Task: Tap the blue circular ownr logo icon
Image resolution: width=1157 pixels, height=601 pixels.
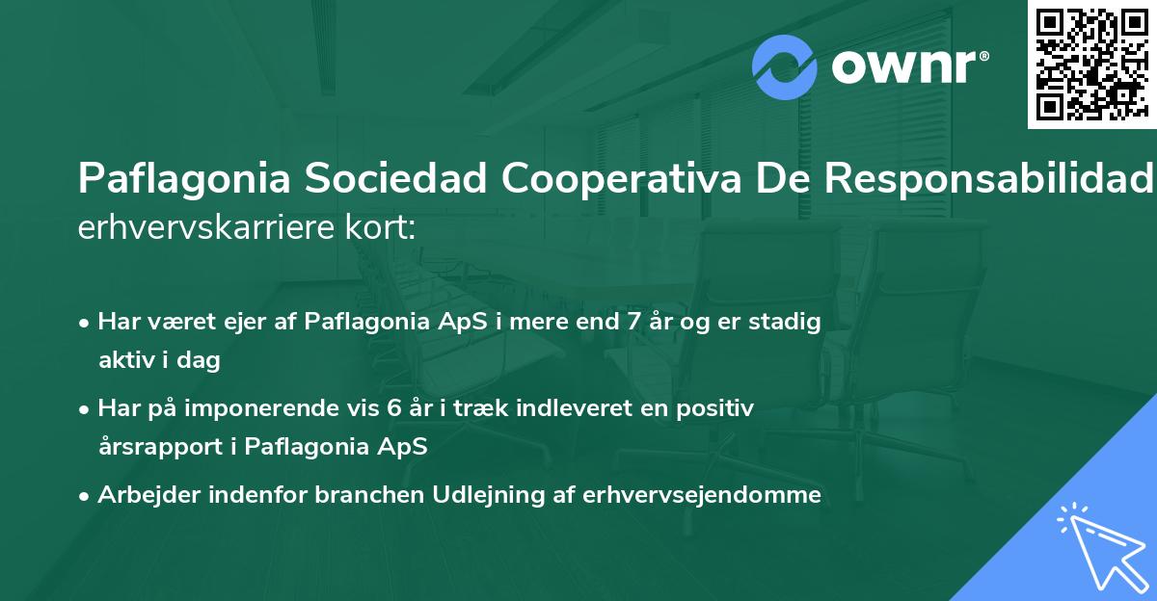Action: [784, 66]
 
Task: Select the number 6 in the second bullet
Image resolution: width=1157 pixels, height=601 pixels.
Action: [393, 408]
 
